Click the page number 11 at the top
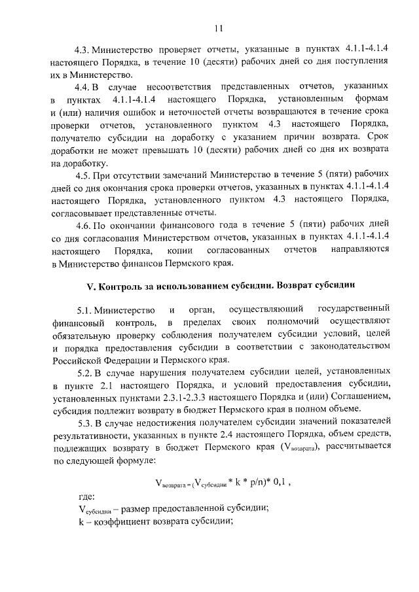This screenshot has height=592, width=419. click(218, 27)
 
